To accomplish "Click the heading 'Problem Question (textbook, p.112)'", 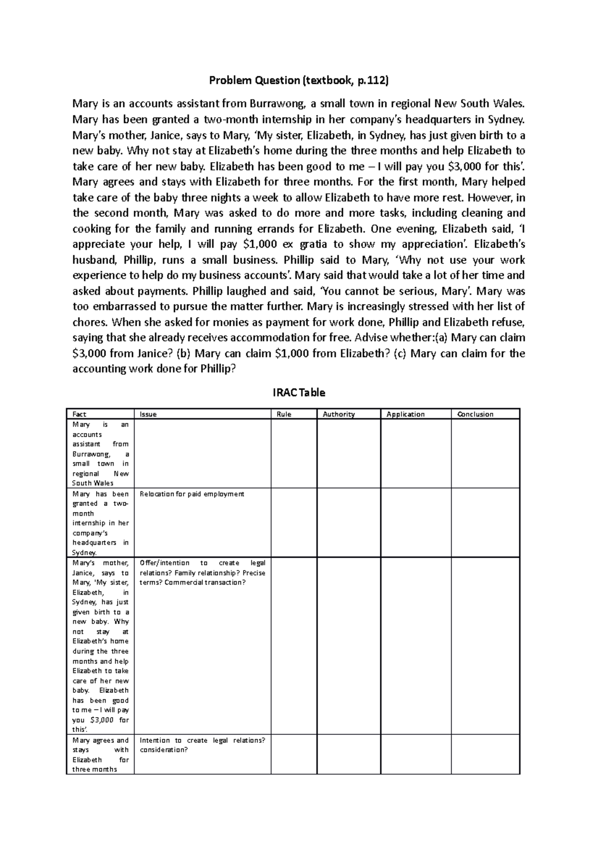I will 299,80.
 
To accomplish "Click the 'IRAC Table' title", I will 299,393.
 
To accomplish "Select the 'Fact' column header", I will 79,414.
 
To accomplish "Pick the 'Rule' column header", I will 284,414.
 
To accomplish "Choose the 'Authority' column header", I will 338,414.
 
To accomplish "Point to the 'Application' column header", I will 406,414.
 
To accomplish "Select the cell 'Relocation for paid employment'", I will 192,494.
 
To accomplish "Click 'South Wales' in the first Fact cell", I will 93,483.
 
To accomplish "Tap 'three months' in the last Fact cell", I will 95,769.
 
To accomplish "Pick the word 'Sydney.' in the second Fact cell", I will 85,552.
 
